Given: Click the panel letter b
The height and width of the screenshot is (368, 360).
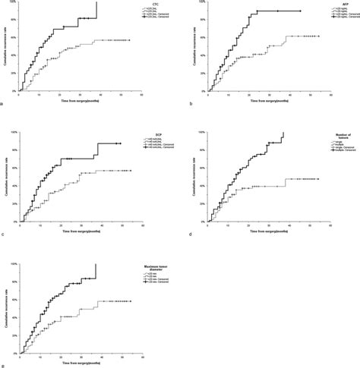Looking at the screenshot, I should [x=191, y=105].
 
